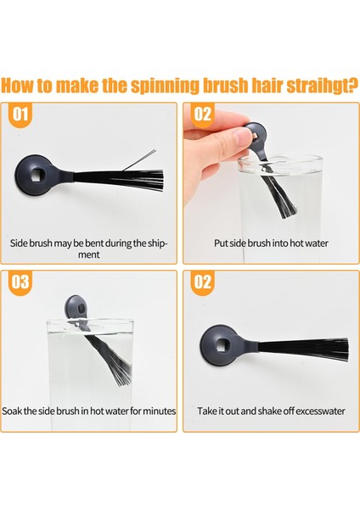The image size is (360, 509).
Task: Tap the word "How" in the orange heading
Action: point(17,85)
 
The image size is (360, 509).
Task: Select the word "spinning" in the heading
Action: point(165,87)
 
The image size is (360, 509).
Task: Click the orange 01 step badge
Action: point(20,115)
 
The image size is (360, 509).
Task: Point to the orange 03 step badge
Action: point(20,282)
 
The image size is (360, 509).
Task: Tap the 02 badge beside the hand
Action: point(202,115)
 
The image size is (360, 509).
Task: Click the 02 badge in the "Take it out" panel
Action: point(202,282)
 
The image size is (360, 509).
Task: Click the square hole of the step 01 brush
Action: point(36,176)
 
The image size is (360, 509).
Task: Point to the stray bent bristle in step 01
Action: point(140,160)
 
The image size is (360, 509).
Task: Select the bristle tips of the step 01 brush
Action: point(160,180)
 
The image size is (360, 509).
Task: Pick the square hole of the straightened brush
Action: point(222,344)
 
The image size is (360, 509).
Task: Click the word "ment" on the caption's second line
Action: point(88,255)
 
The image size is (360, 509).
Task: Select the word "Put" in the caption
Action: point(221,243)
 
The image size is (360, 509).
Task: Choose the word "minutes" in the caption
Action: point(160,411)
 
